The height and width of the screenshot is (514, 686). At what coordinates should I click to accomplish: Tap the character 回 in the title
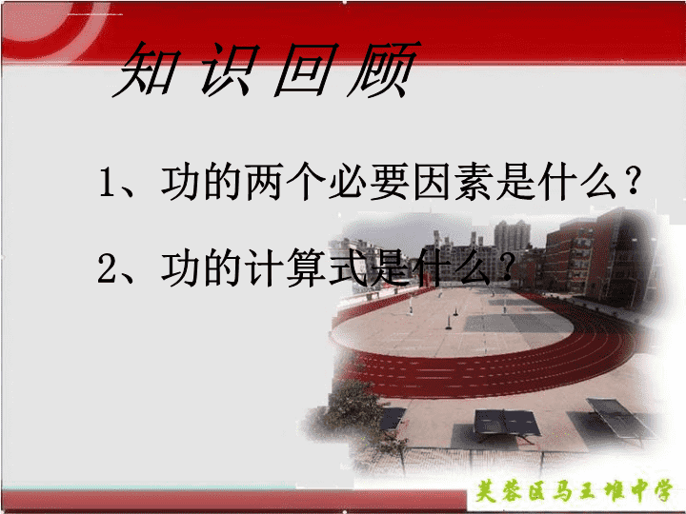pyautogui.click(x=307, y=69)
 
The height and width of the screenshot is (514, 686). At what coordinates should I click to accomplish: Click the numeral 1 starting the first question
pyautogui.click(x=107, y=181)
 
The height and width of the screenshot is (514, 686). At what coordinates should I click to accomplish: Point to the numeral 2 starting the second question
pyautogui.click(x=107, y=267)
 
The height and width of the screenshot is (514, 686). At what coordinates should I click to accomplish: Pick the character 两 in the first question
pyautogui.click(x=263, y=182)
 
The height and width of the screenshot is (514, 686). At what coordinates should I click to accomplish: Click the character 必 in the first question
pyautogui.click(x=347, y=182)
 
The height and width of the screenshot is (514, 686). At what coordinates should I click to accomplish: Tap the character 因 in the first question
pyautogui.click(x=431, y=182)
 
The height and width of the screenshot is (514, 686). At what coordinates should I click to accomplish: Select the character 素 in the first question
pyautogui.click(x=473, y=182)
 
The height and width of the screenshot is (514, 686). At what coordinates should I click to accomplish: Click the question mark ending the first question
pyautogui.click(x=633, y=180)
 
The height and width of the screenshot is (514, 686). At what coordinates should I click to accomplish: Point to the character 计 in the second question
pyautogui.click(x=263, y=267)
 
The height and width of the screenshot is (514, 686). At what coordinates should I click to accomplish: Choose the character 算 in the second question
pyautogui.click(x=306, y=267)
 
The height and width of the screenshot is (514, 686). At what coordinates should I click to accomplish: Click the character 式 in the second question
pyautogui.click(x=348, y=267)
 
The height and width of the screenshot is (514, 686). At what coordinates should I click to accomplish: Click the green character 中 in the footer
pyautogui.click(x=638, y=491)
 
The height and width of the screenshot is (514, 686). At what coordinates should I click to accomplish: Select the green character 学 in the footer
pyautogui.click(x=663, y=491)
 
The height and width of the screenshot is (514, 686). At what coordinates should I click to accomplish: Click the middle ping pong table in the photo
pyautogui.click(x=507, y=423)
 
